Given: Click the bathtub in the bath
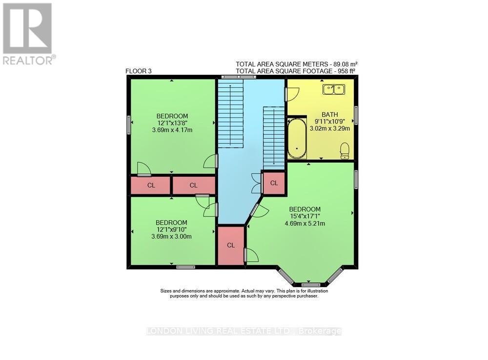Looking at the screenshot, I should [296, 138].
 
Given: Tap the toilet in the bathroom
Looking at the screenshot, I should [345, 150].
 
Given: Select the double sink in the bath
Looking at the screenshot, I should [333, 89].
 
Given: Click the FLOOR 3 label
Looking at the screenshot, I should [139, 71].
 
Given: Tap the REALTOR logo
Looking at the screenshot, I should [28, 34].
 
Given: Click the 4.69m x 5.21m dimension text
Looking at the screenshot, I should [305, 224].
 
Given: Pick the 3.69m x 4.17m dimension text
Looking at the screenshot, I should [172, 130].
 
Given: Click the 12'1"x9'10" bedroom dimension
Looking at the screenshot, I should [172, 230].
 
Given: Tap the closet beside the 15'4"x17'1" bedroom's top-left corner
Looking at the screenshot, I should [274, 183].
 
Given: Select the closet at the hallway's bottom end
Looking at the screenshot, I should [231, 245].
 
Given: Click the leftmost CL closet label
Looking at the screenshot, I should [151, 185].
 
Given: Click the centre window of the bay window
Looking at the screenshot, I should [310, 284].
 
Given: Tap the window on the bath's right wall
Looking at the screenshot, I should [356, 115].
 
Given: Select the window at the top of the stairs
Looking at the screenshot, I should [238, 77].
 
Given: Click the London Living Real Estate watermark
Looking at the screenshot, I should [244, 331].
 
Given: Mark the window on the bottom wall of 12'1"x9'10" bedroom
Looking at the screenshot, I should [185, 267].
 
